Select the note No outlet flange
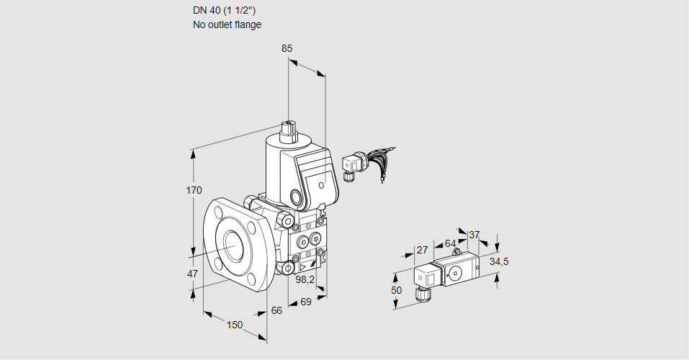pyautogui.click(x=227, y=24)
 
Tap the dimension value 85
pyautogui.click(x=287, y=48)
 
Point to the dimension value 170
pyautogui.click(x=194, y=191)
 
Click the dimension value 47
pyautogui.click(x=192, y=274)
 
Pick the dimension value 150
pyautogui.click(x=235, y=325)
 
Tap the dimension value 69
pyautogui.click(x=305, y=302)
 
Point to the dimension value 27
pyautogui.click(x=423, y=250)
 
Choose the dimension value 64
pyautogui.click(x=450, y=243)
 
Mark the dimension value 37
pyautogui.click(x=474, y=235)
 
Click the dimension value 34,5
pyautogui.click(x=499, y=261)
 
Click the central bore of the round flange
pyautogui.click(x=234, y=245)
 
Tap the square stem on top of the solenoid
pyautogui.click(x=289, y=131)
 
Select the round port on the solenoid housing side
pyautogui.click(x=296, y=196)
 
